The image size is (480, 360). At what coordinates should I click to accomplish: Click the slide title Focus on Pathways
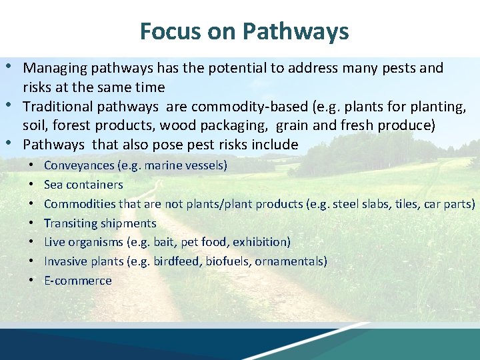(244, 31)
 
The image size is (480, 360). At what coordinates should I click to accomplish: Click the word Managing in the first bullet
(48, 68)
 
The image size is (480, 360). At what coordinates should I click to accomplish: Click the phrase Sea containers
(83, 185)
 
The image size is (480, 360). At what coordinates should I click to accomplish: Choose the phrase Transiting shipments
(100, 223)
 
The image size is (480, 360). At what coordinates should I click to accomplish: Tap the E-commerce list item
(78, 281)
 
